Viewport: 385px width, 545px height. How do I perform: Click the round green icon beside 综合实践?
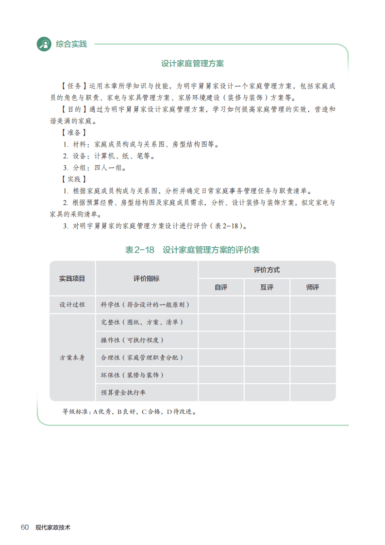click(x=44, y=44)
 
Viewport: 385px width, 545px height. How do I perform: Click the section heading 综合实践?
click(x=71, y=44)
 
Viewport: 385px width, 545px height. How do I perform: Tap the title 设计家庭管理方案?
click(x=192, y=64)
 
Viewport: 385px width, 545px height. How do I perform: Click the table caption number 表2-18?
click(x=139, y=250)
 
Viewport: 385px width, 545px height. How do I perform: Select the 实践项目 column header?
click(x=72, y=278)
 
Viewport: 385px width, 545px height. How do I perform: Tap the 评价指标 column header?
click(x=147, y=278)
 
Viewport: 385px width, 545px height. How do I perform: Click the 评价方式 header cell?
click(x=267, y=270)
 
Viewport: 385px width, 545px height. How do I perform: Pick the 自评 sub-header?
click(x=221, y=287)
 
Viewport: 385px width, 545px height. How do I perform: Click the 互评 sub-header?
click(x=267, y=287)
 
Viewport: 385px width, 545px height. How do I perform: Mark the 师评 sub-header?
click(x=313, y=287)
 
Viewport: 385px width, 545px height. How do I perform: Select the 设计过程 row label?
click(x=72, y=305)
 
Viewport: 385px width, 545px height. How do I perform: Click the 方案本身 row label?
click(x=72, y=358)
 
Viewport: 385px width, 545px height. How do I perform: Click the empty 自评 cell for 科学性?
click(x=221, y=305)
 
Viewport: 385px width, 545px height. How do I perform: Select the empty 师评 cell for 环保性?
click(x=313, y=375)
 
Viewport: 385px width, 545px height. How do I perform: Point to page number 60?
click(x=25, y=527)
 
